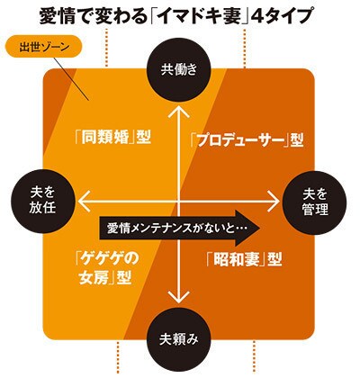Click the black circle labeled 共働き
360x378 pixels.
[x=179, y=70]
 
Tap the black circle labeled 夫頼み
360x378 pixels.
[x=179, y=340]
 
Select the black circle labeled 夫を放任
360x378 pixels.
[x=42, y=202]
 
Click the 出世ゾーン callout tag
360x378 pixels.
[x=44, y=47]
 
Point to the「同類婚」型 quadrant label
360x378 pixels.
[x=112, y=139]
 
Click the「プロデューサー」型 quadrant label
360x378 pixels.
[x=247, y=140]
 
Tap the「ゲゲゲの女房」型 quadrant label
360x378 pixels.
[x=106, y=267]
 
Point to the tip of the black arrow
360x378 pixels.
[x=260, y=228]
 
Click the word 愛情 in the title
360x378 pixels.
[x=54, y=17]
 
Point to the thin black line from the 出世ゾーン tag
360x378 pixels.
[x=72, y=78]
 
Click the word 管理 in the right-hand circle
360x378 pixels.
[x=315, y=210]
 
